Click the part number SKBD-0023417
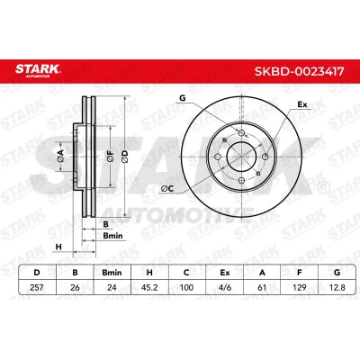click(x=299, y=71)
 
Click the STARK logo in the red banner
click(x=38, y=70)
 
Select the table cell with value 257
click(x=37, y=287)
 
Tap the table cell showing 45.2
click(x=149, y=287)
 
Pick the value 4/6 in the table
click(x=225, y=287)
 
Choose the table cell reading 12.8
click(x=337, y=287)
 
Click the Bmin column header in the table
click(x=112, y=273)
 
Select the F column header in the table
click(x=299, y=273)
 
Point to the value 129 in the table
click(x=299, y=287)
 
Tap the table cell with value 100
click(x=186, y=287)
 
